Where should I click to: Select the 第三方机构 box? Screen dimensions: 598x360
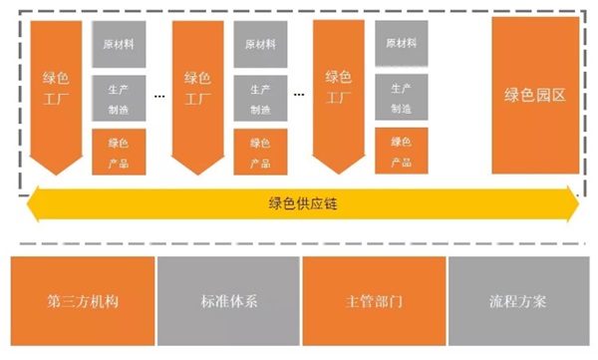click(x=82, y=300)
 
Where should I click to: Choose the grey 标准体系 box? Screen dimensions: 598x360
click(x=227, y=300)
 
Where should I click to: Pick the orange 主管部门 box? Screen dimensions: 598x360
click(x=372, y=300)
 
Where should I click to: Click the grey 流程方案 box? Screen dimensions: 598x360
click(x=518, y=300)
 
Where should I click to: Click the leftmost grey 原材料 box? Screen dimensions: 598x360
click(x=120, y=45)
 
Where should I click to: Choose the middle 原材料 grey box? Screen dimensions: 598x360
click(x=261, y=45)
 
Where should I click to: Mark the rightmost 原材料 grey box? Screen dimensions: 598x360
click(x=402, y=45)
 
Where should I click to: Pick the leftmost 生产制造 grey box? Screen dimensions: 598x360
click(x=120, y=98)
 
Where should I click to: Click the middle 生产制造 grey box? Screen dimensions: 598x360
click(x=261, y=98)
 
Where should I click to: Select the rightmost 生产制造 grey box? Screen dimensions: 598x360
click(x=402, y=98)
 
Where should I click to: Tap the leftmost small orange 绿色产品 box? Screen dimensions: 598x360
click(x=120, y=152)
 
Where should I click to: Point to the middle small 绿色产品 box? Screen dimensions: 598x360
click(x=261, y=152)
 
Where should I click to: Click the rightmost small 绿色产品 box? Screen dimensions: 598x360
click(x=402, y=152)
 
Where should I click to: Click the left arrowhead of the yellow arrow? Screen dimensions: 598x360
click(x=35, y=203)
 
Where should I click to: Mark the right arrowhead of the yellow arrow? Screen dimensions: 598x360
click(x=571, y=203)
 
